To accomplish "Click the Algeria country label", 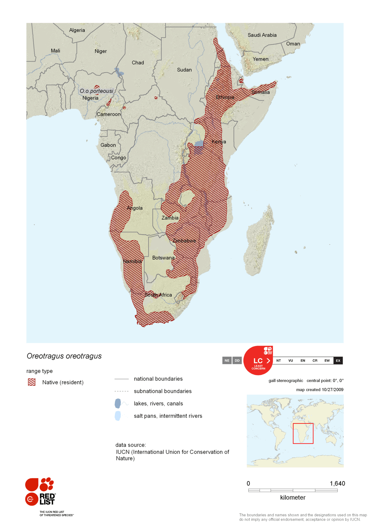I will coord(77,30).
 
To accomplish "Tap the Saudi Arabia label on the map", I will coord(262,35).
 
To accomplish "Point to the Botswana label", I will coord(163,258).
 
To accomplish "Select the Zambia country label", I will coord(170,218).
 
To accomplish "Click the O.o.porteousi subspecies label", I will coord(96,91).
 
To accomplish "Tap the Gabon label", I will coord(108,145).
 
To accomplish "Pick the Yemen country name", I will coord(260,59).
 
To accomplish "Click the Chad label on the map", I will coord(138,63).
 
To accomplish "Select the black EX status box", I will coord(338,360).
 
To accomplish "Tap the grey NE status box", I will coord(227,360).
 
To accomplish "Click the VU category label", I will coord(290,360).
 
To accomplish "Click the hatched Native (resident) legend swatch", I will coord(32,382).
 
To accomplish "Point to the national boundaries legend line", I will coord(121,379).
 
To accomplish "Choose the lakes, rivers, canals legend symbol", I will coord(118,403).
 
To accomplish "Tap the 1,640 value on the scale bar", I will coord(337,483).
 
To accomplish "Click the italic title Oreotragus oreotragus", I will coord(64,356).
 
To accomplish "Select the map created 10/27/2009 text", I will coord(320,390).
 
